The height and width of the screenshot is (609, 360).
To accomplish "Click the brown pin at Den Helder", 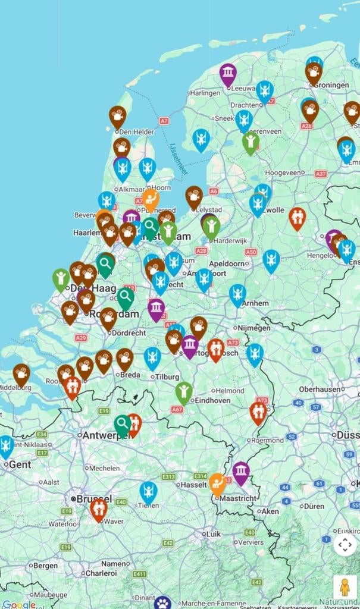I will tap(117, 115).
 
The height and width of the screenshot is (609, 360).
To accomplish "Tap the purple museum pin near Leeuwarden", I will tap(227, 74).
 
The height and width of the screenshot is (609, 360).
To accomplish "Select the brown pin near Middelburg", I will tap(21, 373).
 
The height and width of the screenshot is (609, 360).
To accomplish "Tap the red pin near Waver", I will tap(99, 508).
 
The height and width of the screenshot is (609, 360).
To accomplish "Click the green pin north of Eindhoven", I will tap(184, 391).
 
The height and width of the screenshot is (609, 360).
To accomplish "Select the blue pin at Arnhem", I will tap(238, 294).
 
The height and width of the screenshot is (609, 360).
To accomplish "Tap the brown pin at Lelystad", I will tap(194, 196).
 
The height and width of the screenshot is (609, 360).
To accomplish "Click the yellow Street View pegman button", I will tap(345, 588).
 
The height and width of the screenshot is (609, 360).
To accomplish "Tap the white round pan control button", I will tap(345, 544).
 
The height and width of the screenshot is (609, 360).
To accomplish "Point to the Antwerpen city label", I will tap(101, 435).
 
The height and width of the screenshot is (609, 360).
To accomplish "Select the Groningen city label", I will tap(331, 85).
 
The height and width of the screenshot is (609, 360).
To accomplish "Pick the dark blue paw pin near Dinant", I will tap(163, 602).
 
